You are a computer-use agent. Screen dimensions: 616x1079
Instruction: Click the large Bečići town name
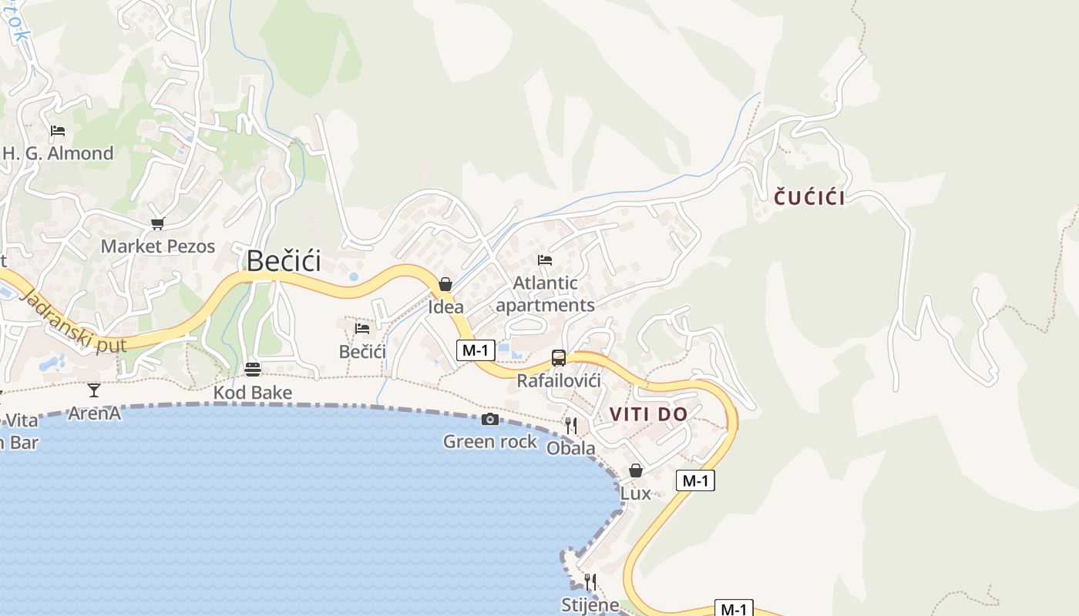click(x=283, y=262)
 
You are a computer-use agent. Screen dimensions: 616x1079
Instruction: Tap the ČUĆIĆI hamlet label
click(x=809, y=198)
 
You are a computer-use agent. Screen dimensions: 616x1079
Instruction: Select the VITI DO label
click(x=648, y=414)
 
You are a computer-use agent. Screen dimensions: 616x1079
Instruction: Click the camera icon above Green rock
click(x=489, y=420)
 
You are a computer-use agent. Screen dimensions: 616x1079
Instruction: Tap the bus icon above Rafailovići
click(x=559, y=358)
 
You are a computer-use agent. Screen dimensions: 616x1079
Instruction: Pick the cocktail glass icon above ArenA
click(x=94, y=390)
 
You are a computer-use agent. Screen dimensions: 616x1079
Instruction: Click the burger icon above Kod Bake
click(x=252, y=369)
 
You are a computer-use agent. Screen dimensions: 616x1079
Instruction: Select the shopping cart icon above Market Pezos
click(x=157, y=223)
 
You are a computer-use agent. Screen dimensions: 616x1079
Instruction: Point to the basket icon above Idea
click(x=445, y=284)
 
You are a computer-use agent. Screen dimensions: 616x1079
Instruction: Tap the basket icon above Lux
click(x=636, y=470)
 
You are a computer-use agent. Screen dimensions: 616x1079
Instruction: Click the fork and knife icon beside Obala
click(x=571, y=425)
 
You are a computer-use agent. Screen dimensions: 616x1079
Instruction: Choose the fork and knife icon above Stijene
click(x=590, y=581)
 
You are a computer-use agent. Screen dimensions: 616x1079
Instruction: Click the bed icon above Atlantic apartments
click(x=545, y=259)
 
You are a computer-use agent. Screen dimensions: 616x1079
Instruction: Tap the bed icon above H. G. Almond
click(x=58, y=130)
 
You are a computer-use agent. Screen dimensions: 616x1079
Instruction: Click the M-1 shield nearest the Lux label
click(x=695, y=480)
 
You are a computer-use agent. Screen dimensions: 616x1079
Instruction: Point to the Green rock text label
click(x=489, y=442)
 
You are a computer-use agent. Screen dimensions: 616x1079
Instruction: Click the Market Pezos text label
click(x=158, y=246)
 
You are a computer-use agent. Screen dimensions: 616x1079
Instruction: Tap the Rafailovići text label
click(x=559, y=380)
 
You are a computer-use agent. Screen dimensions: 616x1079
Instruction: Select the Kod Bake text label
click(x=253, y=393)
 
